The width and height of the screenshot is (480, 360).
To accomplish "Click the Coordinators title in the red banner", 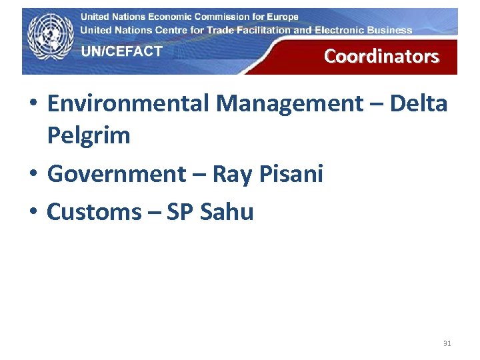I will pyautogui.click(x=381, y=56).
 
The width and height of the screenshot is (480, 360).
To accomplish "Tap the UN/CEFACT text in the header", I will pyautogui.click(x=122, y=51).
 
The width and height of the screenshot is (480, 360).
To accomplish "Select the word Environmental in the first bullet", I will pyautogui.click(x=127, y=103).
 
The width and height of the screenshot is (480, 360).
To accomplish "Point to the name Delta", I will pyautogui.click(x=419, y=103).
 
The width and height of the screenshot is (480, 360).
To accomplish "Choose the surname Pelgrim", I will pyautogui.click(x=89, y=136).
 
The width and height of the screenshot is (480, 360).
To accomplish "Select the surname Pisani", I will pyautogui.click(x=293, y=174).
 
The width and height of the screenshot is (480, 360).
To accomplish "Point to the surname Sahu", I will pyautogui.click(x=227, y=212).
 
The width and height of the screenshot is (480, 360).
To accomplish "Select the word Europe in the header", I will pyautogui.click(x=281, y=17).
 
